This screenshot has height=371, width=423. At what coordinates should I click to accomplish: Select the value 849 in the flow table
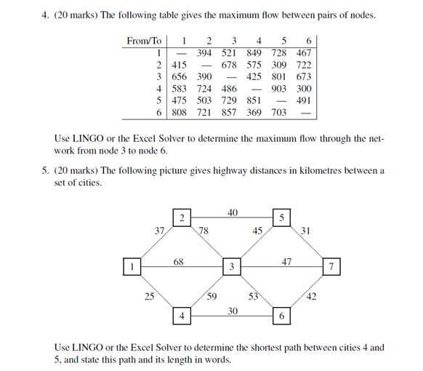point(254,52)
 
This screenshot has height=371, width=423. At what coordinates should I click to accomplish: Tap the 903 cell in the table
point(280,88)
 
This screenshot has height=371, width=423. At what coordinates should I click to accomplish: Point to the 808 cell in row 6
point(179,113)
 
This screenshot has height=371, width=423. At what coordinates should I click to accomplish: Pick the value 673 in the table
point(304,76)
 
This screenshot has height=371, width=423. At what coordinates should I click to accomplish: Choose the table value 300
point(304,88)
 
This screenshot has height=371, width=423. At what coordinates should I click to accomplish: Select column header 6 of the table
point(309,40)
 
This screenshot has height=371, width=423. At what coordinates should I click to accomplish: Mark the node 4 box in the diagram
point(182,316)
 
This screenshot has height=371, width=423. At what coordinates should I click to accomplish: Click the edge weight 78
point(204,231)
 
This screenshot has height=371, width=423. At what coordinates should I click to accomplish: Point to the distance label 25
point(148,295)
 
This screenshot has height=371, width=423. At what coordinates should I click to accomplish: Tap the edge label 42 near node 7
point(311,295)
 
